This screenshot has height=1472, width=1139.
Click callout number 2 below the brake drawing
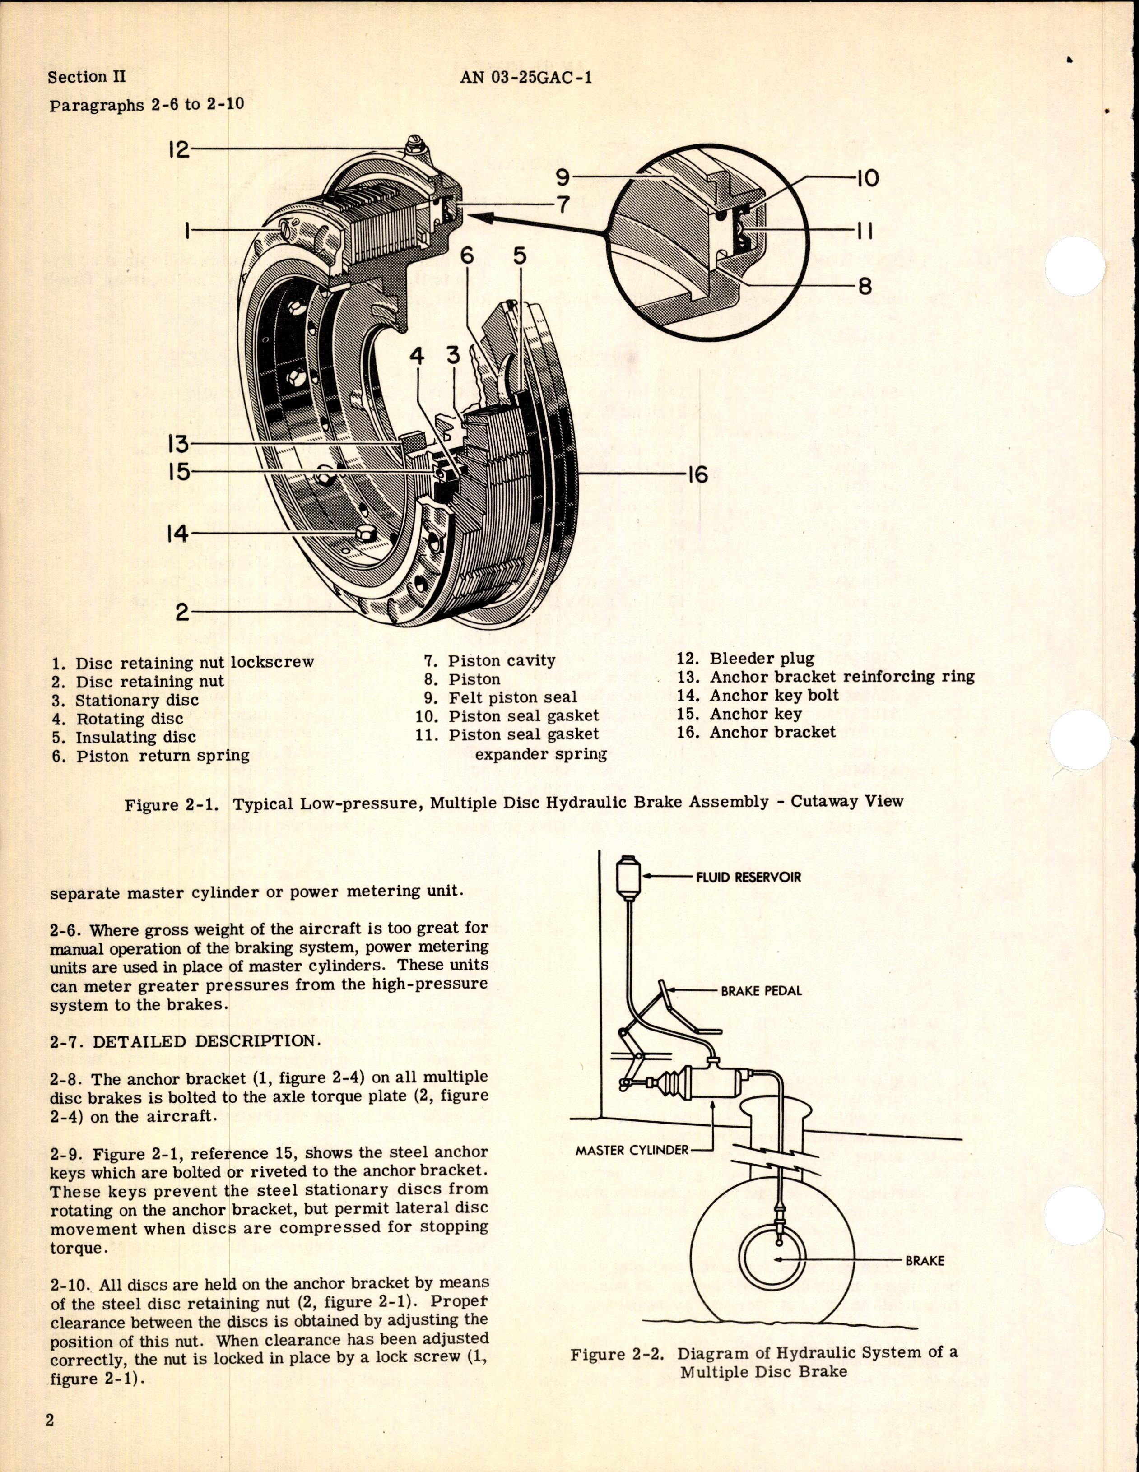[x=182, y=613]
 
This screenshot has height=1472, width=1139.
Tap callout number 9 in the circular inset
[x=563, y=177]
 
